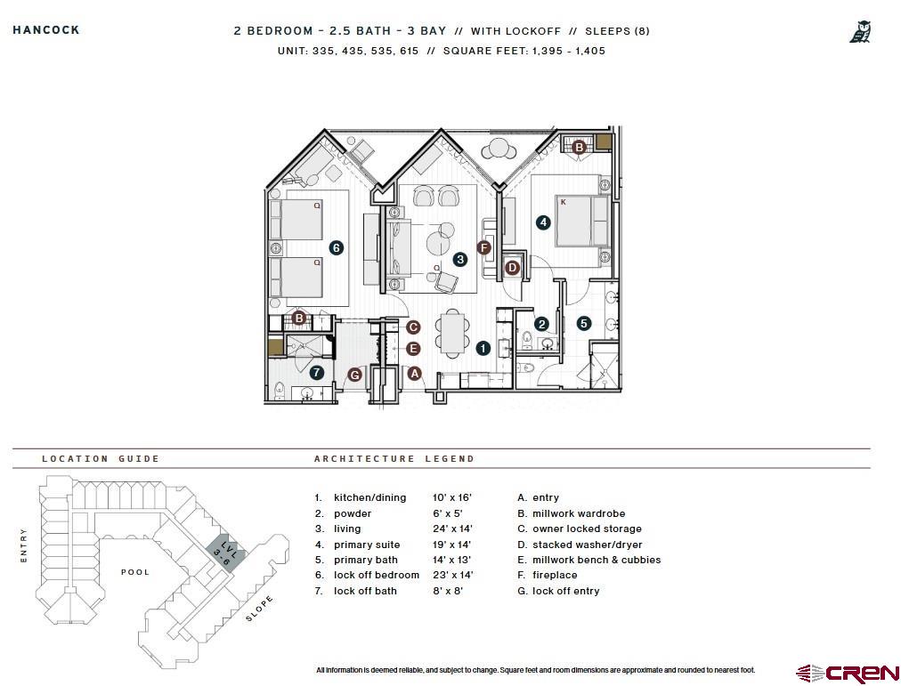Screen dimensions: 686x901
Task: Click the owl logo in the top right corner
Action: (859, 33)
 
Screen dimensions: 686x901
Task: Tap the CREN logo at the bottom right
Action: (848, 673)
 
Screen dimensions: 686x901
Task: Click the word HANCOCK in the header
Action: (46, 29)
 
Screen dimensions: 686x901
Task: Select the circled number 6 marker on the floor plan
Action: (336, 247)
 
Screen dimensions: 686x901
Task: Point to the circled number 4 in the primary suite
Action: (543, 222)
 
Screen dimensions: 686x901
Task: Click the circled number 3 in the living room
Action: (459, 260)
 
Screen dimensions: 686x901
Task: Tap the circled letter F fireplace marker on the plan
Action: (483, 247)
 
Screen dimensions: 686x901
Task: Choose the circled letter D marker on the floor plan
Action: (512, 267)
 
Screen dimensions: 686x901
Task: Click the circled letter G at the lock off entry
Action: (354, 375)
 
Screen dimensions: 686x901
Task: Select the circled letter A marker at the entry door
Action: (413, 374)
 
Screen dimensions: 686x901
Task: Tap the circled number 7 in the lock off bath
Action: (316, 372)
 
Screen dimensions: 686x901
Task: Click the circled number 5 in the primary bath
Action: (583, 324)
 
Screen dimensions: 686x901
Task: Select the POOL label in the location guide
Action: (135, 572)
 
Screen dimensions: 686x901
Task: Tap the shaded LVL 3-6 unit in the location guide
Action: (223, 553)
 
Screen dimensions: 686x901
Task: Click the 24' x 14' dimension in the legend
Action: (451, 529)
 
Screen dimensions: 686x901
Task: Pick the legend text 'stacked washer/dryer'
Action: (587, 545)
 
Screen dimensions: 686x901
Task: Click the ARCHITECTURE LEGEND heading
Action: (394, 459)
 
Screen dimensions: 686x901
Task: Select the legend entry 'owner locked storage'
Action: (587, 529)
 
